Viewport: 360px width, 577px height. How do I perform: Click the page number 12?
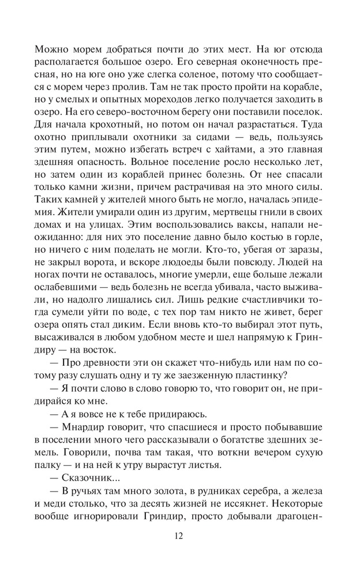179,535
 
